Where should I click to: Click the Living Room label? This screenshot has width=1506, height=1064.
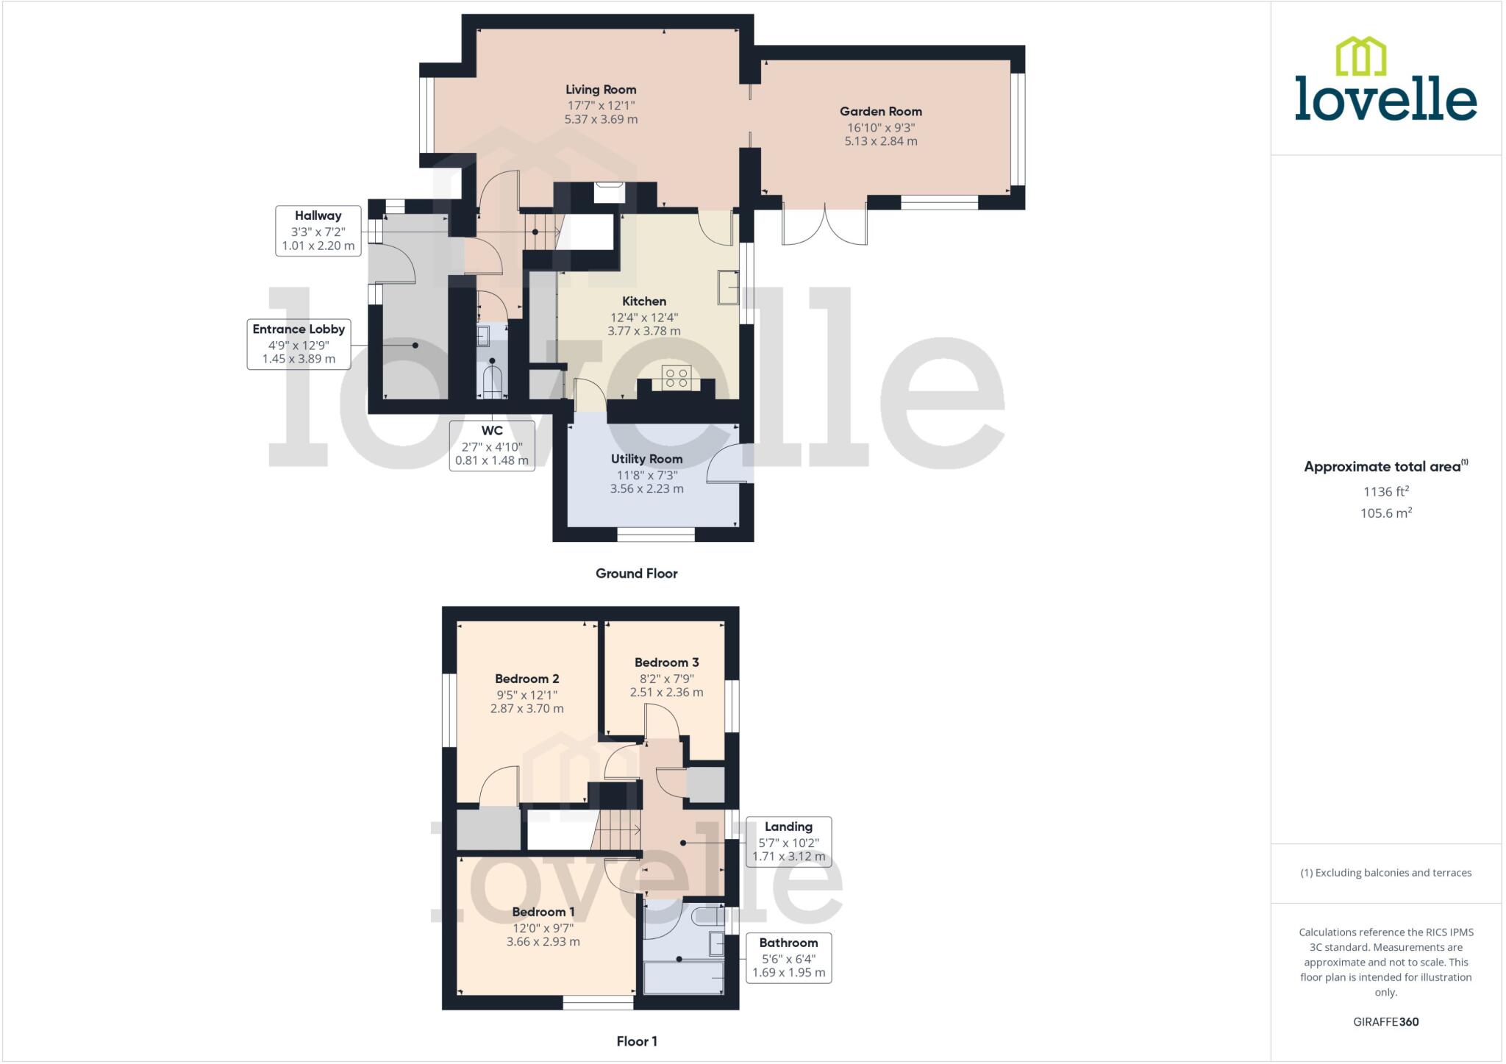point(601,90)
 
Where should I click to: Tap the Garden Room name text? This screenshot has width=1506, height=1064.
point(880,112)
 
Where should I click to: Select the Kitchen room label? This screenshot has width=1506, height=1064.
point(644,301)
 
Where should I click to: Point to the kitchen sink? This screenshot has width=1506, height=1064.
point(728,287)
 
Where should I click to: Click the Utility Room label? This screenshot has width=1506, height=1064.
point(646,459)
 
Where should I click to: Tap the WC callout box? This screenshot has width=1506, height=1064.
point(492,446)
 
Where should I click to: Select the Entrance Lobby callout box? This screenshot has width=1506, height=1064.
point(299,344)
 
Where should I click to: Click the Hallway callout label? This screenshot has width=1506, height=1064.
point(318,230)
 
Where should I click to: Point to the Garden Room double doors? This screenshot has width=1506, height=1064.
point(824,224)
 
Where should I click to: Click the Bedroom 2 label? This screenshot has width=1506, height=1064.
point(527,679)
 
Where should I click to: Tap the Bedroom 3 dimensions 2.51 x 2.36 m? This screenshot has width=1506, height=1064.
point(666,692)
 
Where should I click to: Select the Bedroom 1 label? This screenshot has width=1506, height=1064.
point(543,912)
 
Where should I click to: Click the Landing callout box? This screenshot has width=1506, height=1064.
point(788,842)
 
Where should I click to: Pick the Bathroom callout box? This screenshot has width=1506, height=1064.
point(788,957)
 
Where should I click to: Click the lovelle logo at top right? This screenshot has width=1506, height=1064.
point(1385,81)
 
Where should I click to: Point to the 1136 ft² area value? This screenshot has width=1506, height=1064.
point(1385,491)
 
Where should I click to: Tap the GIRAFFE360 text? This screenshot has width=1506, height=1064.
point(1385,1021)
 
